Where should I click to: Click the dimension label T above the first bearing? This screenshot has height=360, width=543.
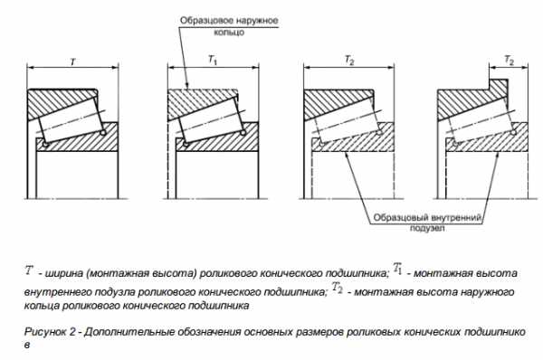(x=73, y=62)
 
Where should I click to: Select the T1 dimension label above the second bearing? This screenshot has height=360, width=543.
(x=213, y=61)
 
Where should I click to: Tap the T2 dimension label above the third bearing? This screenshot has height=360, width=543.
(x=349, y=61)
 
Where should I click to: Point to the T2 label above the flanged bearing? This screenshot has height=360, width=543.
(x=509, y=61)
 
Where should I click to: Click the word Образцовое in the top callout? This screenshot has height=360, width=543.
(x=206, y=21)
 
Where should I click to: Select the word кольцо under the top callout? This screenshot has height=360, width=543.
(x=229, y=33)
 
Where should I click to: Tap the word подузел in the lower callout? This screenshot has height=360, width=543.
(x=427, y=229)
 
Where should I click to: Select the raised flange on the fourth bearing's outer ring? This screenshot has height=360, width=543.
(x=499, y=86)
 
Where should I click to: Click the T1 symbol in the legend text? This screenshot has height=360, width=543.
(x=397, y=269)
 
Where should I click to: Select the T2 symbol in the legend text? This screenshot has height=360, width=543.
(x=338, y=288)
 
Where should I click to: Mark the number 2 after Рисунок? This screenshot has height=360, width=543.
(x=72, y=332)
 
